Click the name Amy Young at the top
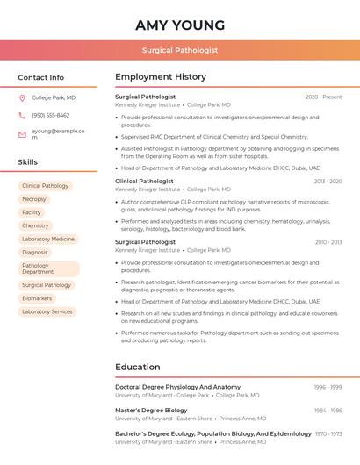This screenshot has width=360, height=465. pos(180,25)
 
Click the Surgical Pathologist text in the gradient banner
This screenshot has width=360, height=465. pos(180,50)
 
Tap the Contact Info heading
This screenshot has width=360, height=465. pos(41,77)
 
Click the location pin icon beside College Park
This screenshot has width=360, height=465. pos(22,98)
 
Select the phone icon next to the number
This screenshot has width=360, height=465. pos(22,116)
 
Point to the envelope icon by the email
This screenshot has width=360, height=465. pos(22,134)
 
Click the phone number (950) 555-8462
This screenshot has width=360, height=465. pos(51,116)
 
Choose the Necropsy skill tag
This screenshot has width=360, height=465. pos(34,199)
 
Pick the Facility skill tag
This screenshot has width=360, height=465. pos(32,212)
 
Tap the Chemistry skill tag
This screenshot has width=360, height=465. pos(35,225)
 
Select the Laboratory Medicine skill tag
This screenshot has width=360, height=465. pos(48,239)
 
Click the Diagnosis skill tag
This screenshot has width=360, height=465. pos(35,253)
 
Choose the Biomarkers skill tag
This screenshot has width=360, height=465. pos(38,298)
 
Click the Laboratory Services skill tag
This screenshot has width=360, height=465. pos(47,311)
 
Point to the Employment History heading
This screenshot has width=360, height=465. pos(161,77)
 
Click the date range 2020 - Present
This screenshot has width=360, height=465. pos(323,97)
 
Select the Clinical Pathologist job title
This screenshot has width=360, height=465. pos(144,181)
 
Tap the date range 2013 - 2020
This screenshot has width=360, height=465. pos(328,182)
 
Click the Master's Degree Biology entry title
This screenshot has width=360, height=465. pos(151,411)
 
